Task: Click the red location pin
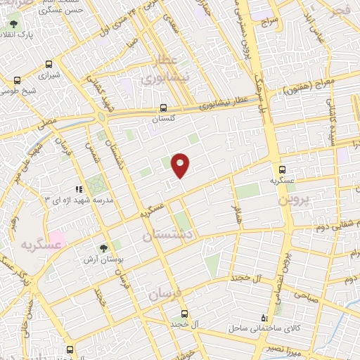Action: [x=181, y=165]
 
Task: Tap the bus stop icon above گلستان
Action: [x=163, y=108]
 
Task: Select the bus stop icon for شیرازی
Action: [x=48, y=63]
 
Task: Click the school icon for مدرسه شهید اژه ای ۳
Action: [x=79, y=188]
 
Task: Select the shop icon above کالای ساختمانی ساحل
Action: [x=264, y=318]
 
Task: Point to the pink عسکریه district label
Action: [x=36, y=245]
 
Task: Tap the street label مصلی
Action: [x=48, y=122]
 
